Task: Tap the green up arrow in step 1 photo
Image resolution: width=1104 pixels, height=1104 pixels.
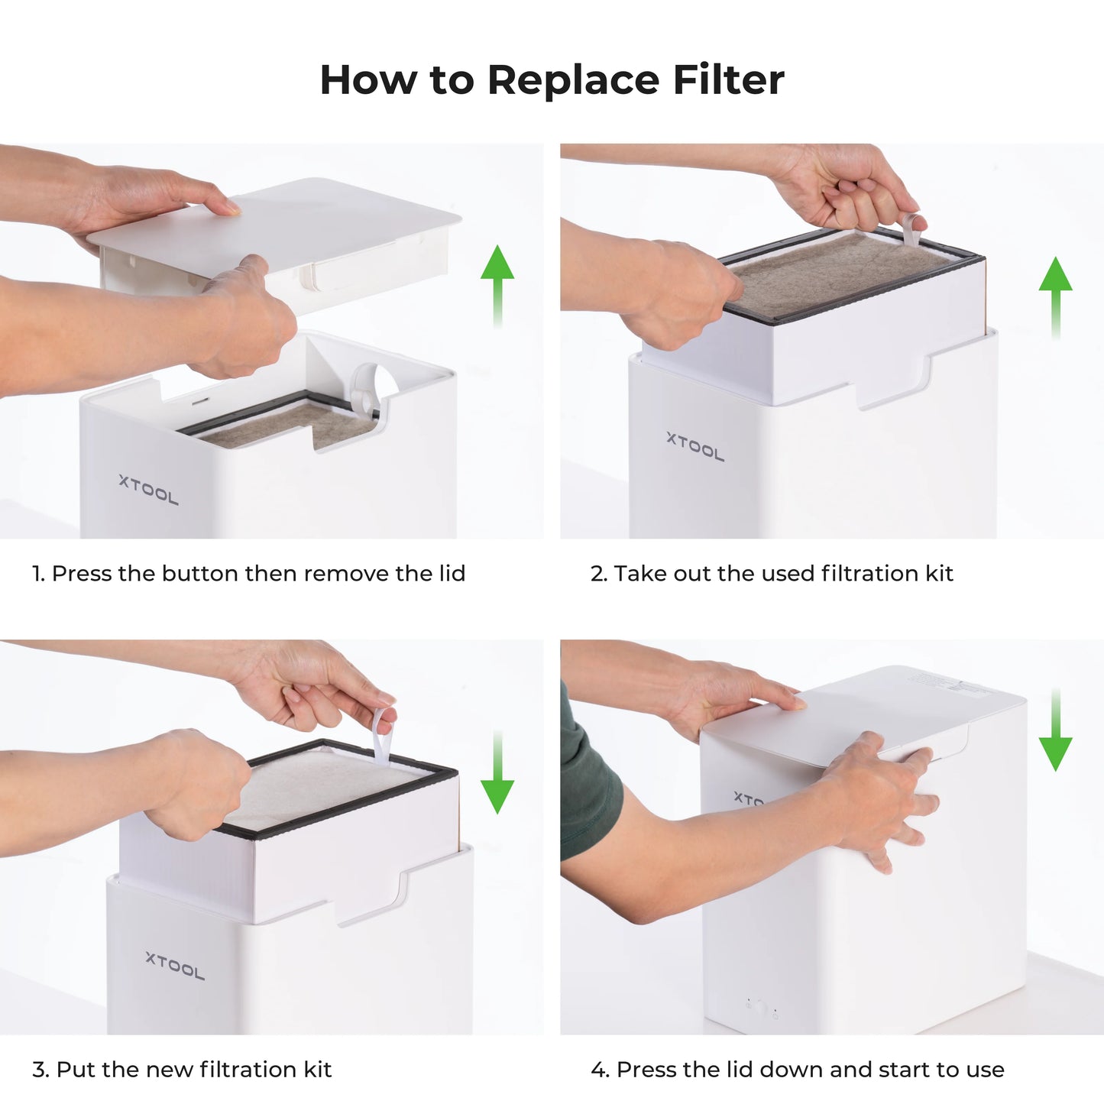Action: tap(497, 283)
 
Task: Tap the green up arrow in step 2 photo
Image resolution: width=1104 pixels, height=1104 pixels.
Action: tap(1055, 294)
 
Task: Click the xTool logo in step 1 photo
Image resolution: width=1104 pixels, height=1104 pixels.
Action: tap(148, 490)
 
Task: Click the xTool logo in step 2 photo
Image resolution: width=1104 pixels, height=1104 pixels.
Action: tap(694, 447)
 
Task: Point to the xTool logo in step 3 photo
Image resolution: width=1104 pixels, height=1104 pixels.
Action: tap(175, 966)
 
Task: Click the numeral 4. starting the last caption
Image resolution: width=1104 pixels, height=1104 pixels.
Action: tap(600, 1070)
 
